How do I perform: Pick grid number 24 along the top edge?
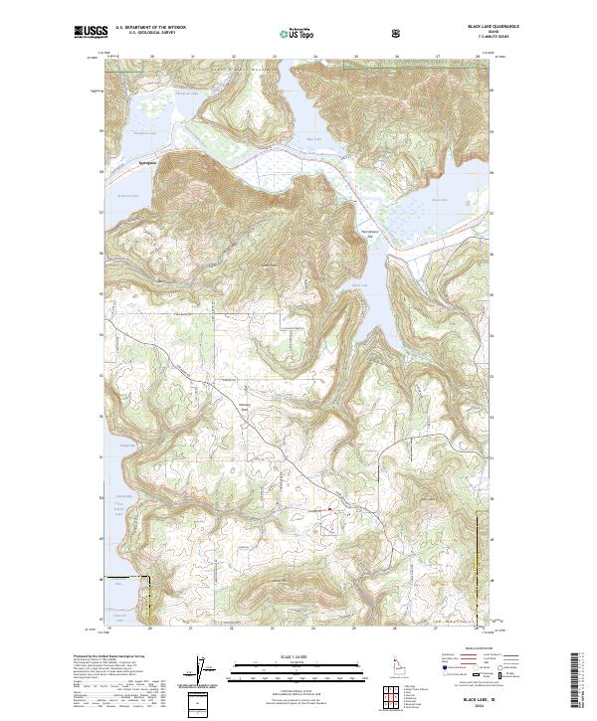(314, 57)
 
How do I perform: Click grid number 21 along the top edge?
(191, 57)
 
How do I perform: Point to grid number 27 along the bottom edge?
(437, 628)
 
